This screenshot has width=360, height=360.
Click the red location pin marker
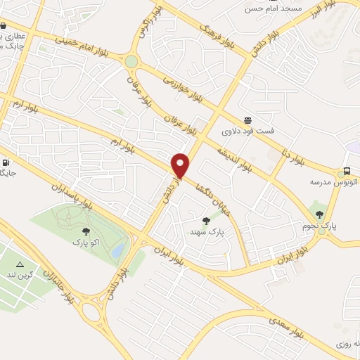pyautogui.click(x=181, y=166)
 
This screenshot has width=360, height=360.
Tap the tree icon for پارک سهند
pyautogui.click(x=206, y=221)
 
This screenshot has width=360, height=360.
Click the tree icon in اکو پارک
pyautogui.click(x=86, y=231)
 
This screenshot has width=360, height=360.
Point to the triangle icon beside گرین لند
pyautogui.click(x=20, y=264)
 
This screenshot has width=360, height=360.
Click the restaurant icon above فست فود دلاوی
pyautogui.click(x=247, y=121)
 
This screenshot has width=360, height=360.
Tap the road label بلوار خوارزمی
pyautogui.click(x=182, y=89)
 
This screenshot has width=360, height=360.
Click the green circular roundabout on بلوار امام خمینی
pyautogui.click(x=131, y=61)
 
